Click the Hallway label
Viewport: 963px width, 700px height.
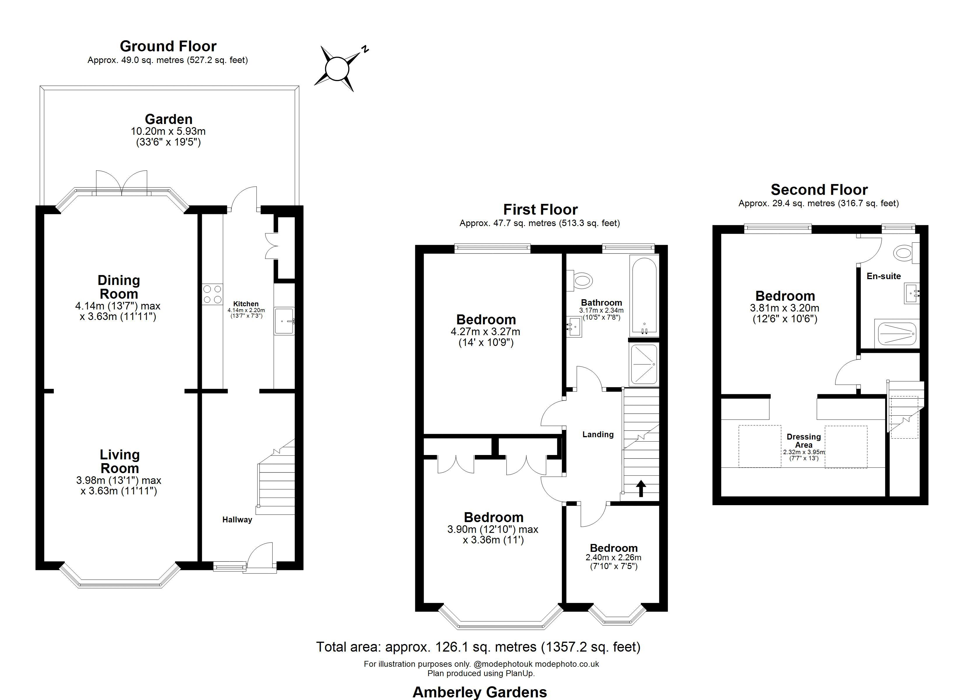pyautogui.click(x=237, y=519)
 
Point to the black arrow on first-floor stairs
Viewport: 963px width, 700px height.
pyautogui.click(x=641, y=488)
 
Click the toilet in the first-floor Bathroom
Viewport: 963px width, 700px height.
pyautogui.click(x=580, y=281)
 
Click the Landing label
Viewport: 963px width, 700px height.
pyautogui.click(x=598, y=434)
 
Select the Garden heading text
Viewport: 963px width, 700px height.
pyautogui.click(x=169, y=119)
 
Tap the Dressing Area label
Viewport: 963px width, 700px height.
pyautogui.click(x=803, y=441)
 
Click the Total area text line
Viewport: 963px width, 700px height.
pyautogui.click(x=478, y=647)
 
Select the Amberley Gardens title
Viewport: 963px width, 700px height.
pyautogui.click(x=479, y=692)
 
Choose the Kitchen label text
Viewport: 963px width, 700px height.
pyautogui.click(x=246, y=304)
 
